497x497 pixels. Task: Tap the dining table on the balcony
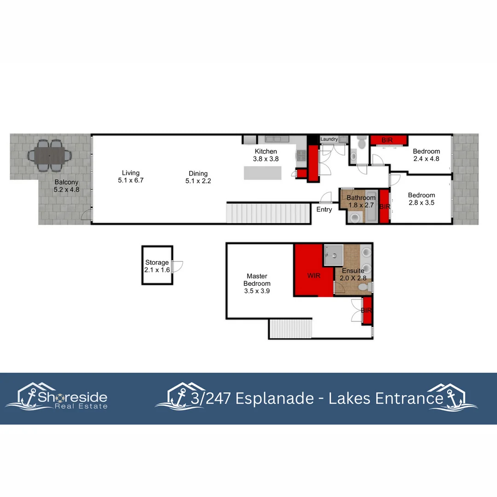pos(50,156)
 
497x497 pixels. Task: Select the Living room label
pos(131,177)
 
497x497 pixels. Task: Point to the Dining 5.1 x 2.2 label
pos(198,177)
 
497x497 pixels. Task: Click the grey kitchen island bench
pos(262,173)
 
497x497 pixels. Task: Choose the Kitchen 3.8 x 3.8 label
pos(266,155)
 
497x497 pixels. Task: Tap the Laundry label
pos(329,139)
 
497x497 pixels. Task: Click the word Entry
pos(324,209)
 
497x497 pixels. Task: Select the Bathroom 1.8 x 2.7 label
pos(361,202)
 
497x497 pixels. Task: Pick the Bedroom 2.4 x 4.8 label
pos(426,155)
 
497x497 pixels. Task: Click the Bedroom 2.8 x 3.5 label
pos(421,199)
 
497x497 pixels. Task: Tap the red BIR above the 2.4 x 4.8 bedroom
pos(387,139)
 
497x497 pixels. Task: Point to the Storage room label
pos(157,266)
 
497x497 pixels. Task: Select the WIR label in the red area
pos(314,277)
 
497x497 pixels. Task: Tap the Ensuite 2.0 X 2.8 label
pos(352,275)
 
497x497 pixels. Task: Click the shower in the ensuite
pos(333,255)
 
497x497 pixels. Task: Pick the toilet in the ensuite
pos(364,287)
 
